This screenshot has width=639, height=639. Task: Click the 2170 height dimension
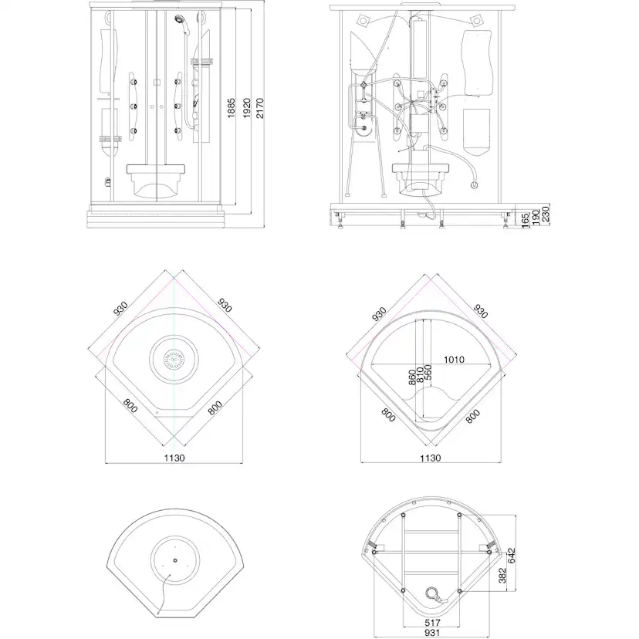pyautogui.click(x=260, y=108)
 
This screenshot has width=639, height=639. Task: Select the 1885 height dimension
pyautogui.click(x=232, y=108)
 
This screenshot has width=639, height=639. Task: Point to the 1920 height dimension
pyautogui.click(x=246, y=108)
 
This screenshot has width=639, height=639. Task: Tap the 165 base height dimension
pyautogui.click(x=525, y=220)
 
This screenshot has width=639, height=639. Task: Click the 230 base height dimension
pyautogui.click(x=546, y=214)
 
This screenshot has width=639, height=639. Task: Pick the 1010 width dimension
pyautogui.click(x=454, y=360)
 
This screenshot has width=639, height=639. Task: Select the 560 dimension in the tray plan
pyautogui.click(x=428, y=372)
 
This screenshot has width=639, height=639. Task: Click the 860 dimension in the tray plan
pyautogui.click(x=412, y=377)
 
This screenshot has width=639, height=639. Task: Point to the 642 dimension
pyautogui.click(x=512, y=556)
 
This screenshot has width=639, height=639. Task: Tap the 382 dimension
pyautogui.click(x=502, y=576)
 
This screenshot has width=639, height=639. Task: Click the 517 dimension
pyautogui.click(x=432, y=623)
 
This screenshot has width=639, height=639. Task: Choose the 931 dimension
pyautogui.click(x=432, y=633)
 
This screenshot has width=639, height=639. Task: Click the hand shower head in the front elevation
pyautogui.click(x=179, y=19)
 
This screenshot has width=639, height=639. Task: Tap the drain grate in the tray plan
pyautogui.click(x=174, y=360)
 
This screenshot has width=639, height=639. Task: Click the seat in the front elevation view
pyautogui.click(x=156, y=181)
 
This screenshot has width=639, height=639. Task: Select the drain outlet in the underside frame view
pyautogui.click(x=432, y=593)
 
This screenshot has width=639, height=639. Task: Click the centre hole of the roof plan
pyautogui.click(x=175, y=560)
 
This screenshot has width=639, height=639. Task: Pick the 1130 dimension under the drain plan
pyautogui.click(x=174, y=458)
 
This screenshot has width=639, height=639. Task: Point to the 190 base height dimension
pyautogui.click(x=536, y=217)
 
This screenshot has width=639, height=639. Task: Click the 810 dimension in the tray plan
pyautogui.click(x=420, y=375)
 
